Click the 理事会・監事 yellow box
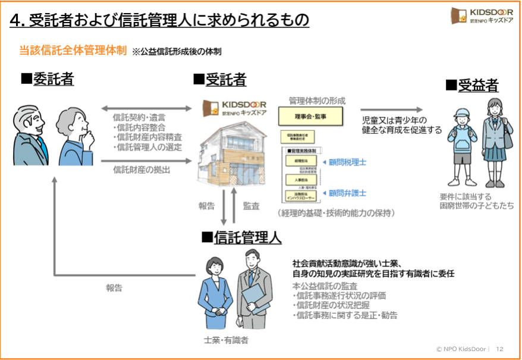(x=310, y=117)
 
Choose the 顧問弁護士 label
(x=348, y=193)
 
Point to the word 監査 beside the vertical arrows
(x=251, y=206)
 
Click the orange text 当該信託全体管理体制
(x=73, y=51)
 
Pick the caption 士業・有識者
(x=226, y=340)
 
